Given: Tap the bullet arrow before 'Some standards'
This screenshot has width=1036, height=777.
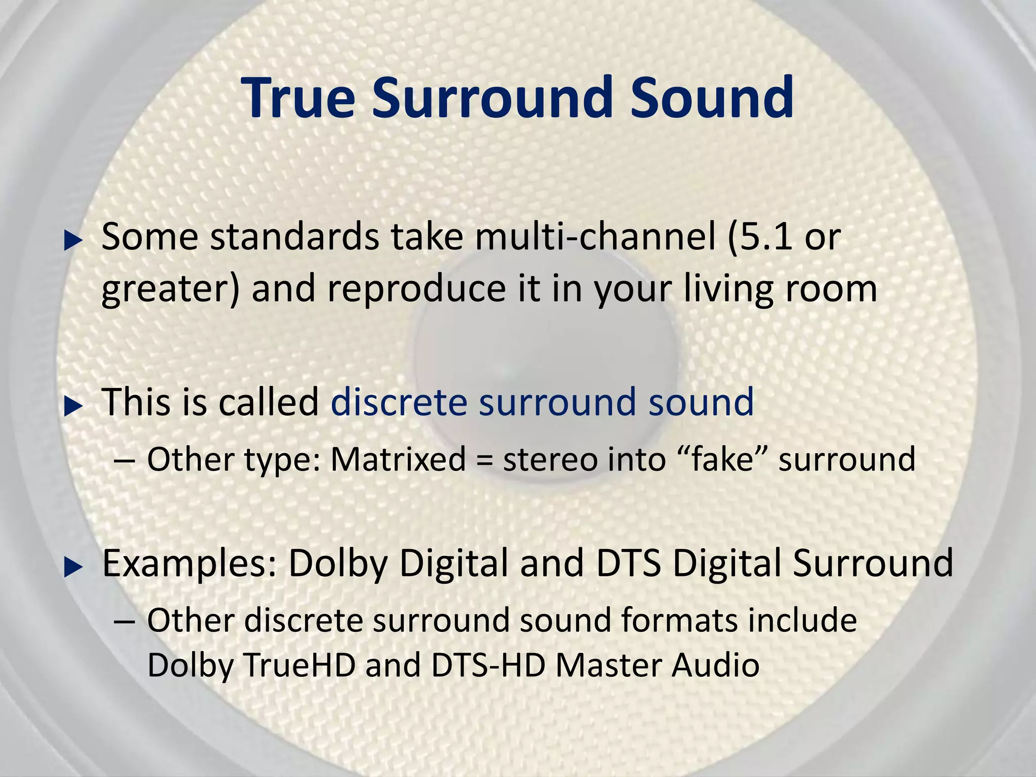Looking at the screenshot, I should pos(73,241).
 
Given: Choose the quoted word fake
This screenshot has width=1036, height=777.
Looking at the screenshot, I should pos(722,459).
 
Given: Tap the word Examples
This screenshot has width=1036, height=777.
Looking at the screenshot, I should pos(190,564).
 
